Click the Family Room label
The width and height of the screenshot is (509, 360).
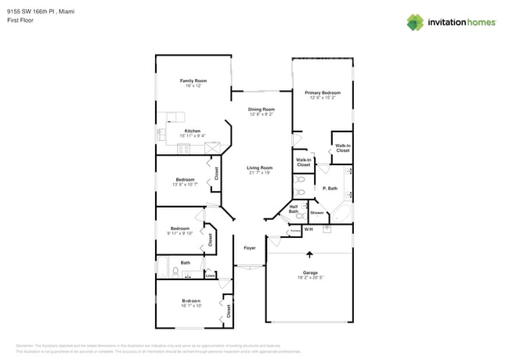[193, 81]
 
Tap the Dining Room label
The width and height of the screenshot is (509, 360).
[262, 110]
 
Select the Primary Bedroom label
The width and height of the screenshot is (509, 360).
[322, 93]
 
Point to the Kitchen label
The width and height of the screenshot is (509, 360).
[192, 131]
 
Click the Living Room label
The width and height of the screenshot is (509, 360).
[259, 167]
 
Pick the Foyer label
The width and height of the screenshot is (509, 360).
[250, 247]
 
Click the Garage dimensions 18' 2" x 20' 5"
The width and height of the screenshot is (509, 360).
[311, 278]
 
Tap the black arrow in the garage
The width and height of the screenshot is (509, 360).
[310, 254]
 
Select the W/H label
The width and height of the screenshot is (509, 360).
[308, 229]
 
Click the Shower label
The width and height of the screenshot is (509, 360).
[317, 213]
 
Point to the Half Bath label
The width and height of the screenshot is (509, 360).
[294, 210]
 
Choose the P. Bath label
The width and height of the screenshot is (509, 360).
[330, 188]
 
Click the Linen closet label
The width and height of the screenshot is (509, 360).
[210, 275]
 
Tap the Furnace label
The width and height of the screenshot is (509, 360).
[295, 230]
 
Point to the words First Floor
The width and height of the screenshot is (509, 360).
[20, 21]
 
